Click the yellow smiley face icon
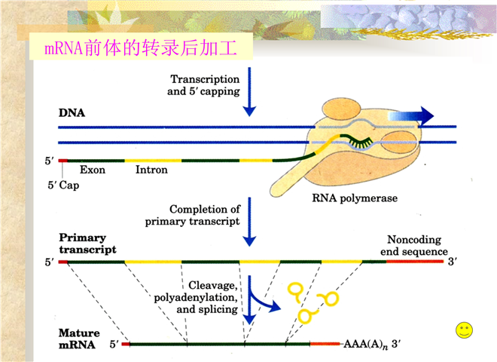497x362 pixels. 465,330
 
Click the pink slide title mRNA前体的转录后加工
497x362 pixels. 141,48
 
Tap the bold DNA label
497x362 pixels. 72,112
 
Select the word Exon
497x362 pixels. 92,170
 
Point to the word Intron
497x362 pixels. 151,170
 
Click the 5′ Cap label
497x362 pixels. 63,185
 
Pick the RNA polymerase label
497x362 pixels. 355,198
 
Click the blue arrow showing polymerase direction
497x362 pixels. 411,116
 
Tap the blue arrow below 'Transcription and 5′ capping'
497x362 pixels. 249,92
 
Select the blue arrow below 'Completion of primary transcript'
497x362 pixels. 249,222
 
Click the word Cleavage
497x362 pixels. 212,286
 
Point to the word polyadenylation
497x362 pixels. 196,298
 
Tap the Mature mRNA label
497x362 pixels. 79,339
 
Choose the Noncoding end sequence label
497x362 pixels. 414,245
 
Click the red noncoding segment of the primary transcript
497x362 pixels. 415,262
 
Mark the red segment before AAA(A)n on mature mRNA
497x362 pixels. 325,344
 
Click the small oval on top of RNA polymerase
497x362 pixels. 341,109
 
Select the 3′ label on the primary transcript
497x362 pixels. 453,262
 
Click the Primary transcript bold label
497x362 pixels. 87,244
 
